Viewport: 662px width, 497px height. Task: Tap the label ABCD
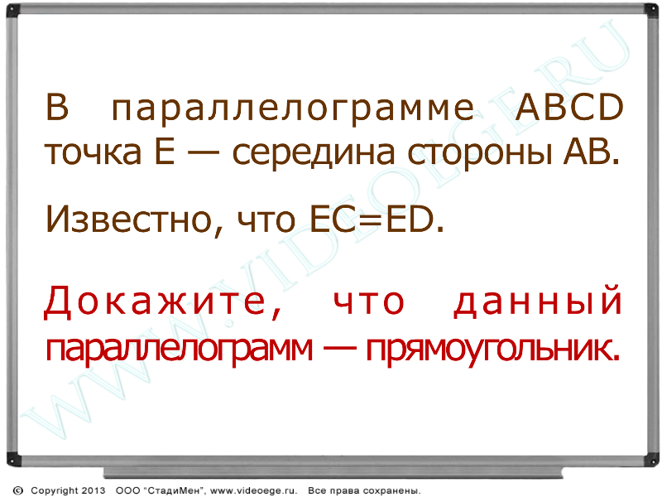tap(569, 107)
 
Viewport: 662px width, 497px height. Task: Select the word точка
tap(93, 152)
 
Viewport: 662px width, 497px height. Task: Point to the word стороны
tap(480, 153)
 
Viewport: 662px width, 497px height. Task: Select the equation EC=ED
tap(372, 219)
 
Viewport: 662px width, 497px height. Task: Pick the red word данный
tap(537, 301)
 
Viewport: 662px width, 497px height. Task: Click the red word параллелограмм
tap(180, 350)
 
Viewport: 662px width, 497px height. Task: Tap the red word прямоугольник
tap(492, 350)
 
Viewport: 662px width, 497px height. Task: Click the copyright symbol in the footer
tap(18, 490)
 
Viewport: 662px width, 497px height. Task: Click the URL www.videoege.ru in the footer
tap(253, 490)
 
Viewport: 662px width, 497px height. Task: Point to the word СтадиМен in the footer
tap(173, 490)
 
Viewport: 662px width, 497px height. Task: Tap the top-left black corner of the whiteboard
tap(12, 10)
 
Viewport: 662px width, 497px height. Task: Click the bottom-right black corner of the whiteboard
tap(651, 460)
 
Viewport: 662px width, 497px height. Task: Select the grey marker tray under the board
tap(333, 472)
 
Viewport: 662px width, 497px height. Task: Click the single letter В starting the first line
tap(56, 107)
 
